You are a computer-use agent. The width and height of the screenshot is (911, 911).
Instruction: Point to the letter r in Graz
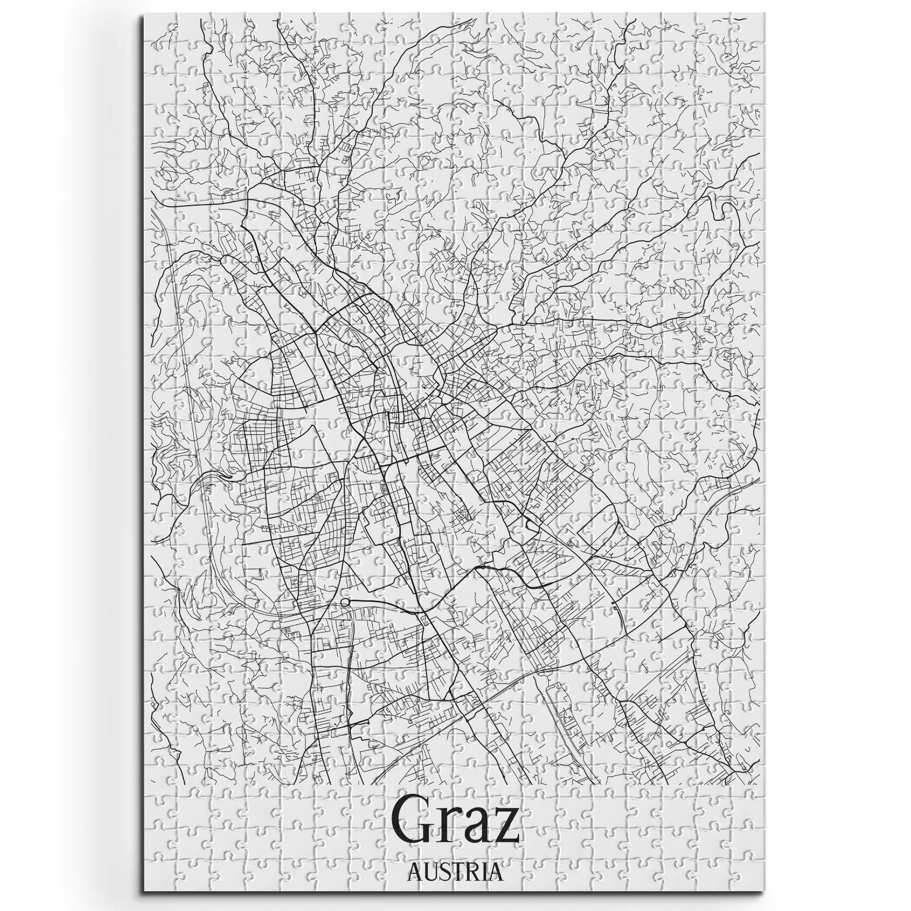452,833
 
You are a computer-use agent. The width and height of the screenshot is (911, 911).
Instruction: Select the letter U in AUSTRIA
428,872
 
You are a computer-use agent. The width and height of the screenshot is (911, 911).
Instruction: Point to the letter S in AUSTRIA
441,872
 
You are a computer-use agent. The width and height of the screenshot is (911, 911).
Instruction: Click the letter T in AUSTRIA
454,872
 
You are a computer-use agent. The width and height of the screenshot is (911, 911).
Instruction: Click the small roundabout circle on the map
345,602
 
